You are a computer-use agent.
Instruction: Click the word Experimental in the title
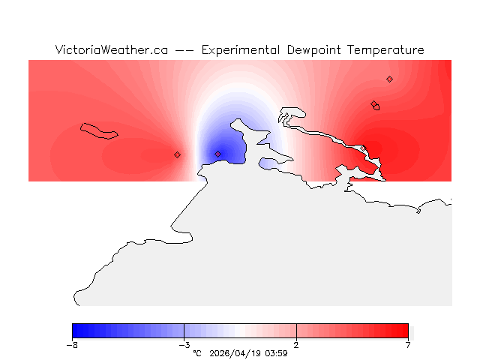point(241,50)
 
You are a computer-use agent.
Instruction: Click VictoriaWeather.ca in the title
point(111,50)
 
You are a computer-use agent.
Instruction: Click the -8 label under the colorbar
point(72,345)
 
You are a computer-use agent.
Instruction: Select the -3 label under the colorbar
point(184,345)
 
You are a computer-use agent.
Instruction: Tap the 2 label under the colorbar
point(296,345)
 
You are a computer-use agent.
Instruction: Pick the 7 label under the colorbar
point(408,345)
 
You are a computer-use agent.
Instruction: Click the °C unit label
point(197,353)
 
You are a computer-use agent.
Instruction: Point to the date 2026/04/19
point(236,353)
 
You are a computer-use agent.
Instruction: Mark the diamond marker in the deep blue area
point(217,154)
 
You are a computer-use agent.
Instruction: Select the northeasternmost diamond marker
point(389,79)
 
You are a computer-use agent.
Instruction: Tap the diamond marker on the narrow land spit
point(177,154)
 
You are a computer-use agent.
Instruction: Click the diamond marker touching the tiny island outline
point(373,104)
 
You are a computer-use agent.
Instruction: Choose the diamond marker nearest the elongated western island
point(177,154)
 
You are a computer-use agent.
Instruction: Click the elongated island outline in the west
point(100,131)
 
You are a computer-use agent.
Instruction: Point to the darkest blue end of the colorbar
point(74,331)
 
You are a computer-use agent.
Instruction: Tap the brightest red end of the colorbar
point(406,331)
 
